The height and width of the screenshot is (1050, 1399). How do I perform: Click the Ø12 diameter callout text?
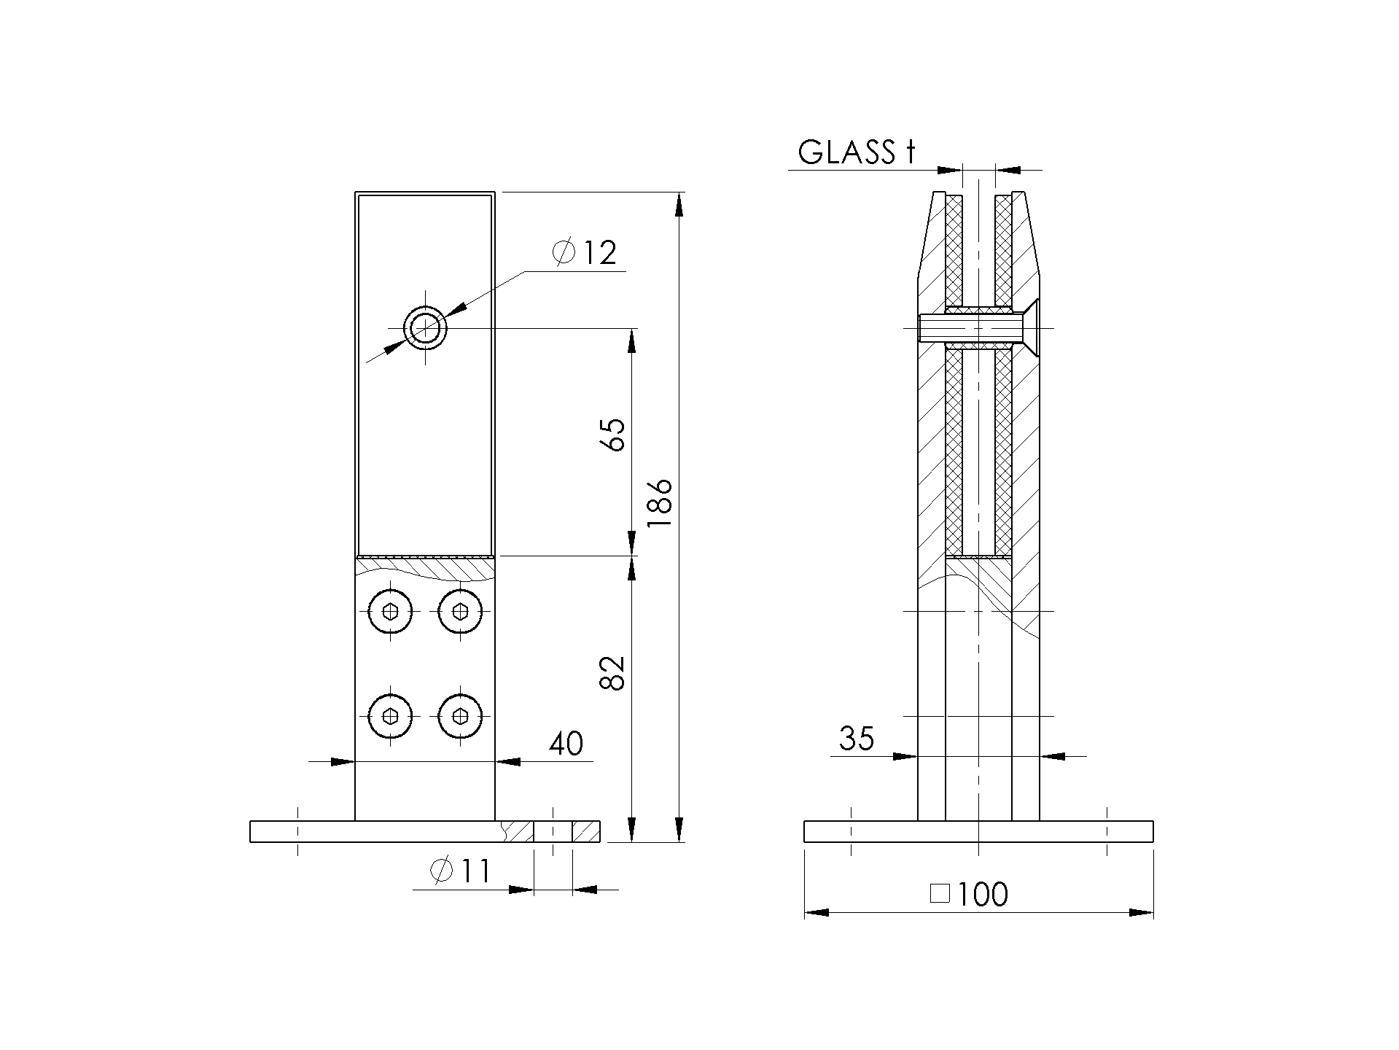click(x=585, y=253)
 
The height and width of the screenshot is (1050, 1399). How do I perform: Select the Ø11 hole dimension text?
click(x=461, y=871)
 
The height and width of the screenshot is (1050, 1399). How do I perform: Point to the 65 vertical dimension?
click(x=613, y=435)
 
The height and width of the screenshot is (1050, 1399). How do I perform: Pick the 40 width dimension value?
click(x=566, y=744)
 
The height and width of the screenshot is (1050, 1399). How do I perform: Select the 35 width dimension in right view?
click(x=856, y=739)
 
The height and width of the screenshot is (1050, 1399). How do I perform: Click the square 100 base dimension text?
click(x=970, y=895)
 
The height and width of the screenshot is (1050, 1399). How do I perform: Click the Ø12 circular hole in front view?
click(x=426, y=329)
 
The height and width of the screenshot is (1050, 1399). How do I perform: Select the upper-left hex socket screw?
click(x=391, y=611)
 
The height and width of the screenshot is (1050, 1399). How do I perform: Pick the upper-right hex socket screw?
click(x=461, y=611)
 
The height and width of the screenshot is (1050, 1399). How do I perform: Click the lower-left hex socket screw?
click(x=391, y=716)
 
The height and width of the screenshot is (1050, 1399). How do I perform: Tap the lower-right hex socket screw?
click(x=461, y=716)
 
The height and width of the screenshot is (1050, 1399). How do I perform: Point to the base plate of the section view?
click(x=978, y=831)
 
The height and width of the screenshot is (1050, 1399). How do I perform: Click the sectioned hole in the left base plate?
click(x=553, y=831)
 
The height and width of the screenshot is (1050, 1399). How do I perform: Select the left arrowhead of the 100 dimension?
click(x=817, y=912)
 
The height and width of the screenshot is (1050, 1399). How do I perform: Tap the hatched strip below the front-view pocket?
click(x=426, y=565)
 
